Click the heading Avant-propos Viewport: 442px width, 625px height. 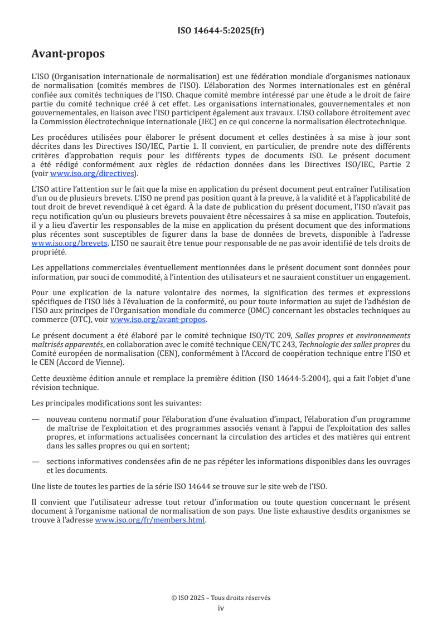pos(68,54)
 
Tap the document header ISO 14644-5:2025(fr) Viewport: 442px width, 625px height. pos(221,31)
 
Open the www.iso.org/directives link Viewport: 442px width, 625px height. pos(93,173)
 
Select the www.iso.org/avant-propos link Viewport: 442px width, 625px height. pos(158,319)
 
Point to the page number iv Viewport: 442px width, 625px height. pos(221,608)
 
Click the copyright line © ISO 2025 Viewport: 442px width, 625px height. pos(221,598)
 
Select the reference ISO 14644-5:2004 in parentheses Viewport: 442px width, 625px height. pos(309,379)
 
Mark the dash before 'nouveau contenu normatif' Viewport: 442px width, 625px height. pos(36,419)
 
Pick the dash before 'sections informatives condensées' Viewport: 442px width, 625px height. pos(36,462)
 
